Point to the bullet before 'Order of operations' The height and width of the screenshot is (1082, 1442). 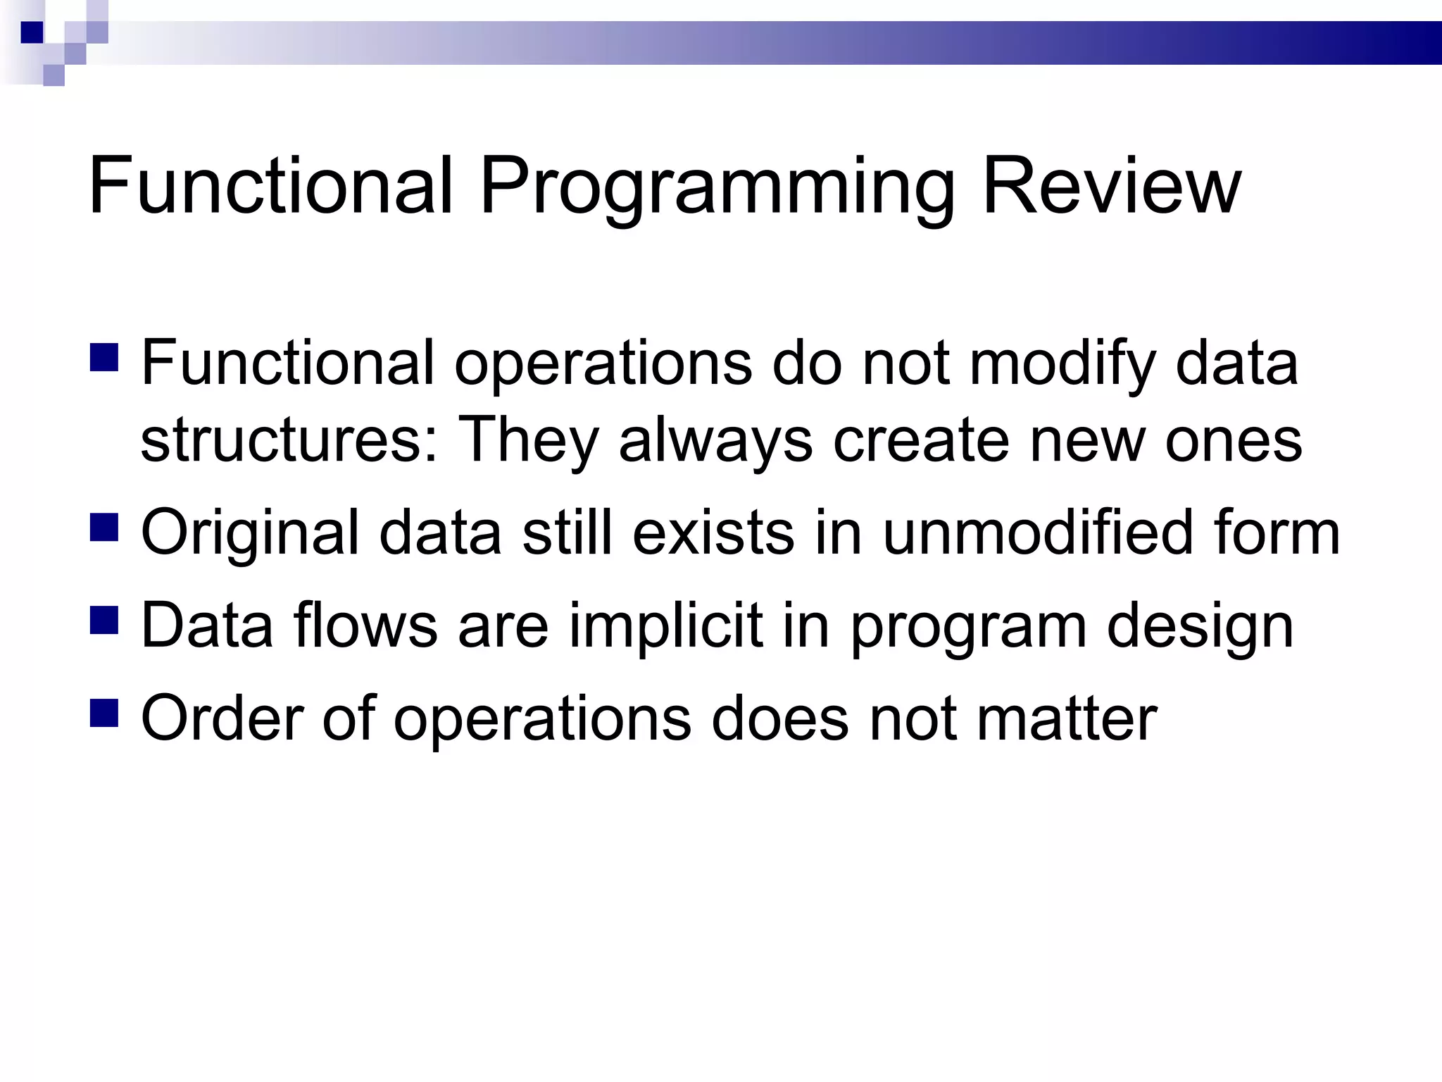[104, 712]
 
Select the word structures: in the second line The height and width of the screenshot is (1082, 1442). [289, 440]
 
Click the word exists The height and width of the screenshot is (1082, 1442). [713, 533]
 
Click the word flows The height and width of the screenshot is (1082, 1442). [365, 626]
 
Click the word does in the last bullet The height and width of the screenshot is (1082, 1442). [780, 719]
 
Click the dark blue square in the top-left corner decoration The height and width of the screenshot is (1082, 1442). [32, 32]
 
